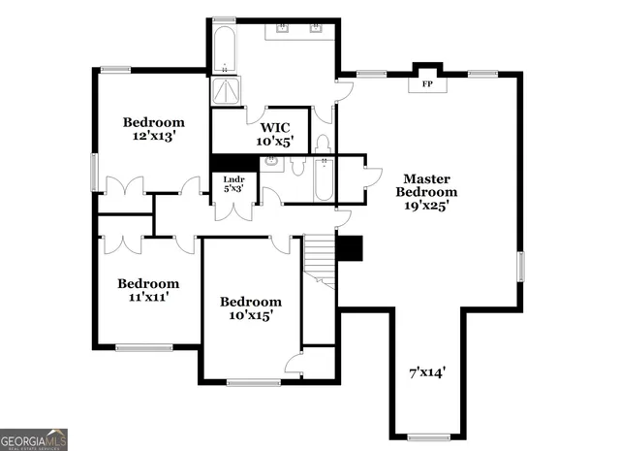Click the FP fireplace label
coord(426,84)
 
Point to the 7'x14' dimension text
coord(425,370)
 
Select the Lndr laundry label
coord(233,184)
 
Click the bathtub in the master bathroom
coord(224,48)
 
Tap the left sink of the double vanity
coord(284,27)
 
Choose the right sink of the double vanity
coord(317,27)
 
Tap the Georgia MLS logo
coord(34,438)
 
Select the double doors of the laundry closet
coord(233,209)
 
